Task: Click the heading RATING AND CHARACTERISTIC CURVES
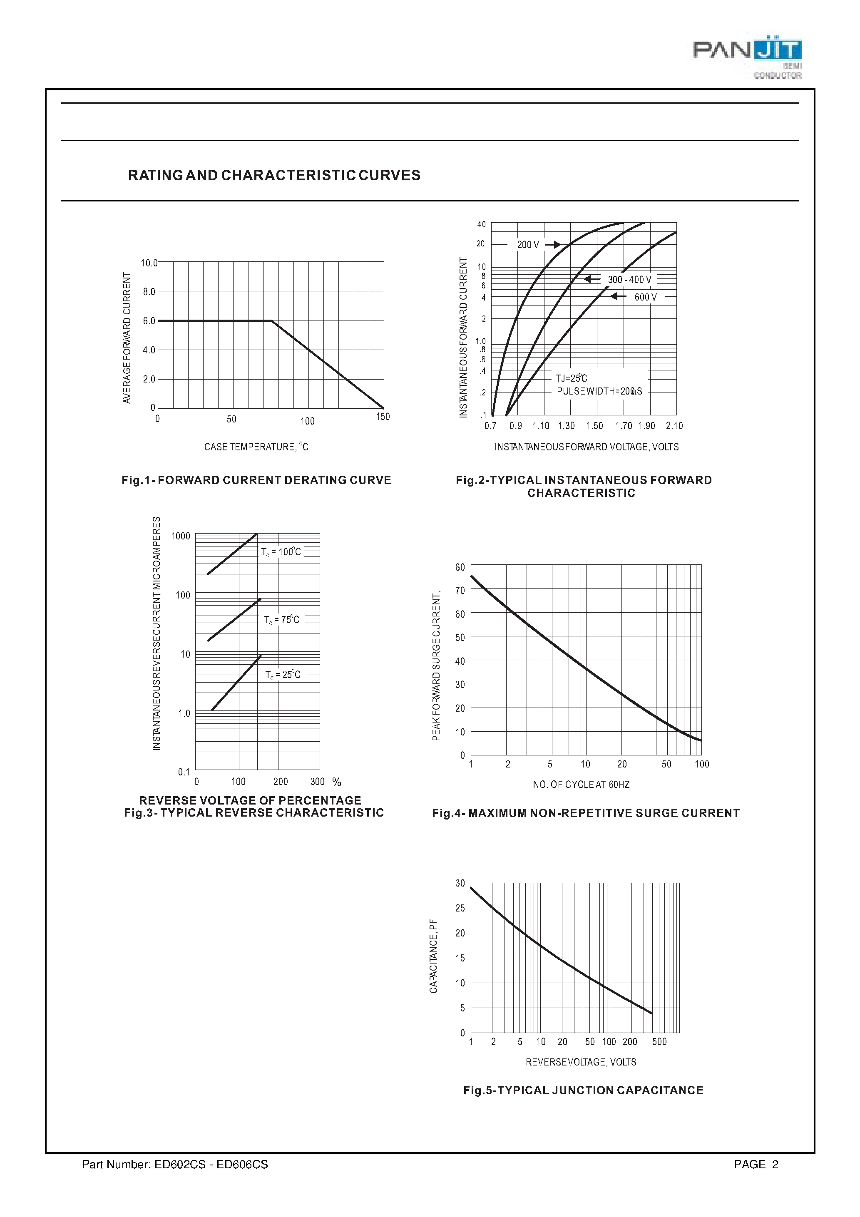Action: (x=274, y=176)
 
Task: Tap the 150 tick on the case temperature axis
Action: (x=383, y=417)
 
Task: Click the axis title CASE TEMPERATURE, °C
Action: (x=256, y=447)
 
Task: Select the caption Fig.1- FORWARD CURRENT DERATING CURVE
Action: (x=256, y=480)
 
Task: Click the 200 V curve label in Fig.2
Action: (x=528, y=245)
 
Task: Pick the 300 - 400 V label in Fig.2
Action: (x=629, y=280)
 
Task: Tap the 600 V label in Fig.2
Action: (x=645, y=297)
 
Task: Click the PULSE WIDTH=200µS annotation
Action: (x=599, y=391)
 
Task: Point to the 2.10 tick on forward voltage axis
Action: (x=674, y=426)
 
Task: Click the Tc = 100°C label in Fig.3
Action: (x=281, y=552)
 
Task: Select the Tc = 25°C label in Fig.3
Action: (x=283, y=675)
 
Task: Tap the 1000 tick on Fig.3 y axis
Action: (x=180, y=536)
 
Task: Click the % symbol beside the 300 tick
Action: (x=337, y=782)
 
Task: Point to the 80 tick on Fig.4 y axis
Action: (x=460, y=568)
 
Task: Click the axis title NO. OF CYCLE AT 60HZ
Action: (x=581, y=785)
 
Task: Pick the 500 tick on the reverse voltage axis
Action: (x=659, y=1042)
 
